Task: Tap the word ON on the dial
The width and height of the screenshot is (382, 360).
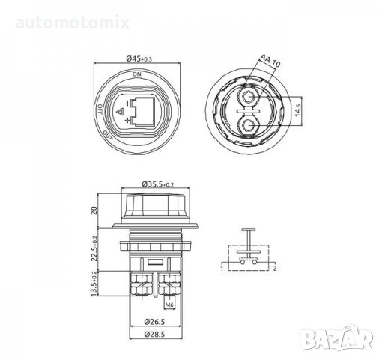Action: point(137,75)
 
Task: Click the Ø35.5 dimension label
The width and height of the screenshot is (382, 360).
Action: point(157,182)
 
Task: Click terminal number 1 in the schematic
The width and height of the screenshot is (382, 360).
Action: point(222,267)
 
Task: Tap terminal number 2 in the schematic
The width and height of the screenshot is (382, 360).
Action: point(276,267)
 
